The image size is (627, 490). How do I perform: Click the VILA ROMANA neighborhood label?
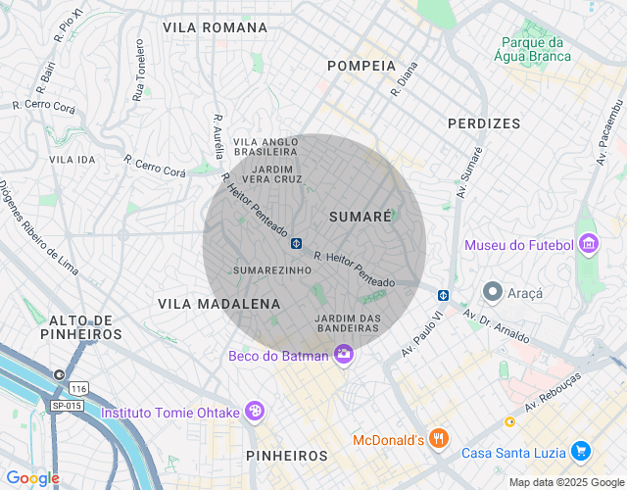point(215,27)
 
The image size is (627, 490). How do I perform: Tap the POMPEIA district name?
point(362,66)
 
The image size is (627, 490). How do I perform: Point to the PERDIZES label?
point(484,123)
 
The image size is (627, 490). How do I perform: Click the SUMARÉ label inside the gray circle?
point(361,215)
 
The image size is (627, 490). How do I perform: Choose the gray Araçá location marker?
point(492,292)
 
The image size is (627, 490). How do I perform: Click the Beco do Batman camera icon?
point(343,355)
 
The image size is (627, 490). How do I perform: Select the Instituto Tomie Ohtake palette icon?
point(254,412)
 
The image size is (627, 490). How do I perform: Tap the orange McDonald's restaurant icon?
point(440,439)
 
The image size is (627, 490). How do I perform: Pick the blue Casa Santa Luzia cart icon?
point(581,451)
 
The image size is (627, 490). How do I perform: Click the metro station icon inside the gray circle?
point(295,241)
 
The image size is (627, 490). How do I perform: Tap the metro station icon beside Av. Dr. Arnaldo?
point(443,293)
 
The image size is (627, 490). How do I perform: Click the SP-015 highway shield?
point(66,405)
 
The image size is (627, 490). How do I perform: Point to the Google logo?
point(31,478)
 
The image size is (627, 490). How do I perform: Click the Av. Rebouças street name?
point(554,391)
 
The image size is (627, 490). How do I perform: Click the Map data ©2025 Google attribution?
point(565,482)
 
